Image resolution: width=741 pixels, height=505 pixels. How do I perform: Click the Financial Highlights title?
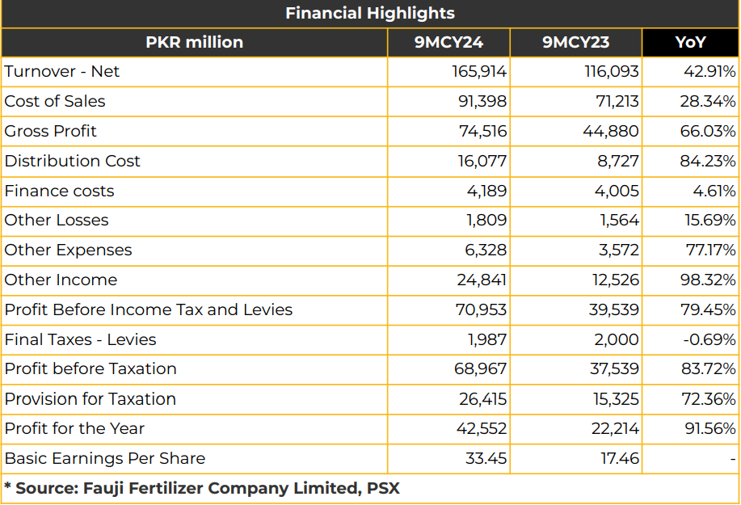point(370,13)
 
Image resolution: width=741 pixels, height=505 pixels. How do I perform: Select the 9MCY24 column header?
point(448,42)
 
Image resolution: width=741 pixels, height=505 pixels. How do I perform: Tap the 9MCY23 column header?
point(575,42)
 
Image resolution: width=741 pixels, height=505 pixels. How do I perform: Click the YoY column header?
point(690,42)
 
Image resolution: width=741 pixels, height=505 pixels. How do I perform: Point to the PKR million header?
point(194,42)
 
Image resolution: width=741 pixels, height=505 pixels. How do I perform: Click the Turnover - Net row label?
point(62,71)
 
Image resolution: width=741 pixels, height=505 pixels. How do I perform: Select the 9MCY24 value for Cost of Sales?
point(482,101)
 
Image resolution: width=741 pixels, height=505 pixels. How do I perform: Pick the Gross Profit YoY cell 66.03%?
point(707,131)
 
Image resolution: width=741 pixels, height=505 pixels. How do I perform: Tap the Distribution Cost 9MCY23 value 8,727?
point(617,161)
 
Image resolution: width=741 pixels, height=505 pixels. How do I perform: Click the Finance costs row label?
point(59,191)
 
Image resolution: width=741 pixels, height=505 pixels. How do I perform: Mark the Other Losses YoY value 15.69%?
point(709,220)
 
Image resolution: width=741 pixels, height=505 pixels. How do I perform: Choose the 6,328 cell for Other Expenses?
point(486,250)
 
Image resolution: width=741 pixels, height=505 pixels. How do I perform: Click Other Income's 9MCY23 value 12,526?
point(615,280)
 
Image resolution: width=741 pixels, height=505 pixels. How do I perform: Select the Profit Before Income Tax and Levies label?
point(149,309)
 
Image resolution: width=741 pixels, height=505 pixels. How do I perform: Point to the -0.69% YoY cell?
point(709,339)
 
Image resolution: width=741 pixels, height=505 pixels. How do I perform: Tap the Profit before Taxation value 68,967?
point(480,368)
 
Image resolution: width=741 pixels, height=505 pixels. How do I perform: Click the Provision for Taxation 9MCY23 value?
point(616,399)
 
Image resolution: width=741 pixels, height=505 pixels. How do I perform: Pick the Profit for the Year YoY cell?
point(709,428)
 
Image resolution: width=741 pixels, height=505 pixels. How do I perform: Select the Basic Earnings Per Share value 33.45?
point(486,458)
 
